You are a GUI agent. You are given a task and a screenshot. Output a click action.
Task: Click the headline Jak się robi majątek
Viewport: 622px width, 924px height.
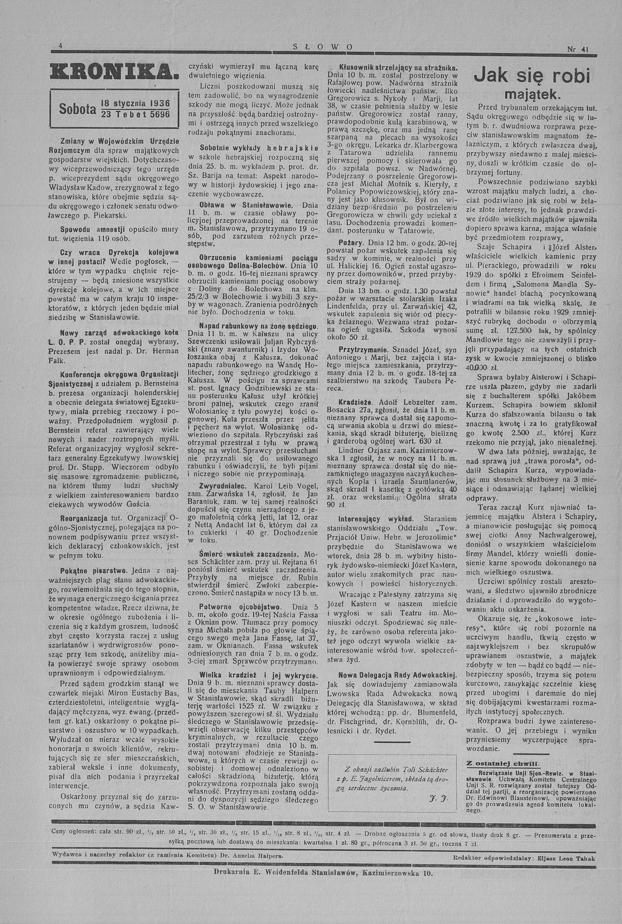click(x=532, y=84)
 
